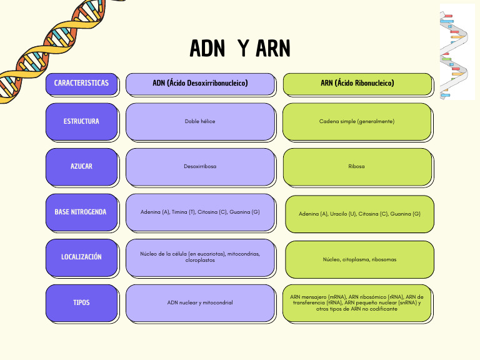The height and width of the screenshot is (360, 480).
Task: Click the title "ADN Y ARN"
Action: click(240, 48)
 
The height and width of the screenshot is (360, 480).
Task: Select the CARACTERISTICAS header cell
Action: click(81, 84)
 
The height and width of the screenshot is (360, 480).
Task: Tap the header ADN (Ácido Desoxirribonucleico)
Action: click(200, 84)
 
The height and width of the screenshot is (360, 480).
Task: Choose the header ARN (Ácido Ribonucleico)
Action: click(357, 84)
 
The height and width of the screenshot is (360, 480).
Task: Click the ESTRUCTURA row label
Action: click(81, 121)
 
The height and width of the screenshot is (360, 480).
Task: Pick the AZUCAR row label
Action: click(81, 166)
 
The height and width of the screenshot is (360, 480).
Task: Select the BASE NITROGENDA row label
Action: click(81, 212)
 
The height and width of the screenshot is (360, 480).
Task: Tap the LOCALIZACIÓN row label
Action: click(81, 257)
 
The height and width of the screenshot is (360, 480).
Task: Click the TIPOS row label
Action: click(81, 302)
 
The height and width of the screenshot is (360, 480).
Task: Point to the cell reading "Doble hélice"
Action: click(200, 121)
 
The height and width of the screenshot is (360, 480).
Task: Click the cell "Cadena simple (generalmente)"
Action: click(357, 121)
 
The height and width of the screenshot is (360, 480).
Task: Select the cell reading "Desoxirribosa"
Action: click(200, 166)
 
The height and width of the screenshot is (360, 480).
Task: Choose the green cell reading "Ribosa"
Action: click(357, 166)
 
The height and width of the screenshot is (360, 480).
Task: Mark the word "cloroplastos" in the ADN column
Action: click(200, 260)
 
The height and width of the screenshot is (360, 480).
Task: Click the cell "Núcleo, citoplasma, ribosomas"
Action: click(359, 259)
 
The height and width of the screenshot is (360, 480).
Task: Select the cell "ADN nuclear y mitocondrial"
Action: click(200, 302)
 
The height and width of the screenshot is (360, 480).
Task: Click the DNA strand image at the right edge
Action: click(456, 53)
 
